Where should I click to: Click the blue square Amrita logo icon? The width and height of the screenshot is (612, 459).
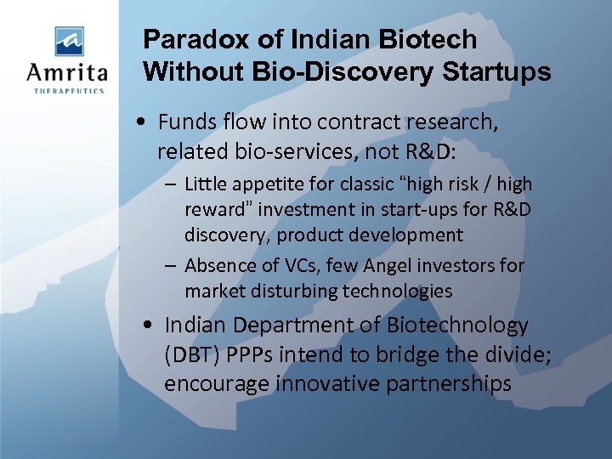point(68,41)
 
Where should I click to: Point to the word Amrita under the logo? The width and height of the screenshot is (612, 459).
point(66,71)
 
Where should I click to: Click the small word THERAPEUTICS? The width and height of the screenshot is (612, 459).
point(67,90)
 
